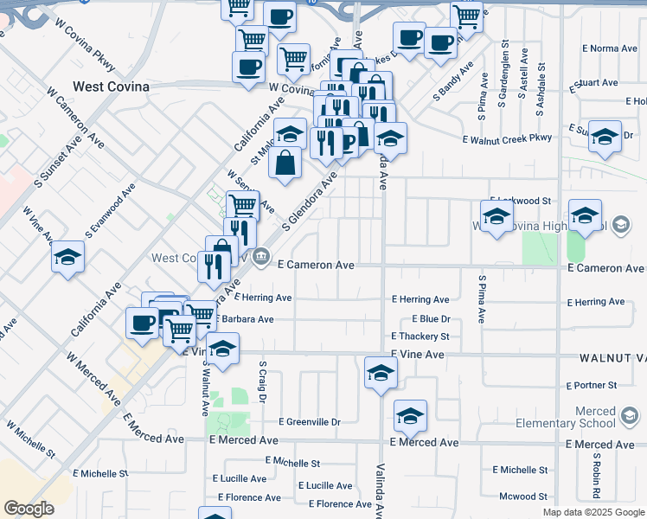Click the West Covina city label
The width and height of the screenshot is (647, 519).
click(x=111, y=86)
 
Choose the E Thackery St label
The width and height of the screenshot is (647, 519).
click(x=420, y=336)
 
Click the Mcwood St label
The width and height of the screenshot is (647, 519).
click(x=523, y=497)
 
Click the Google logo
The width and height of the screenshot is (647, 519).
click(x=29, y=509)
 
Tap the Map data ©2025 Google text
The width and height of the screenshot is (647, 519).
click(x=593, y=512)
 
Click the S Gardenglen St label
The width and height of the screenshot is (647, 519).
click(x=504, y=66)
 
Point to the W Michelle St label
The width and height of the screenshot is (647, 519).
click(x=31, y=440)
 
